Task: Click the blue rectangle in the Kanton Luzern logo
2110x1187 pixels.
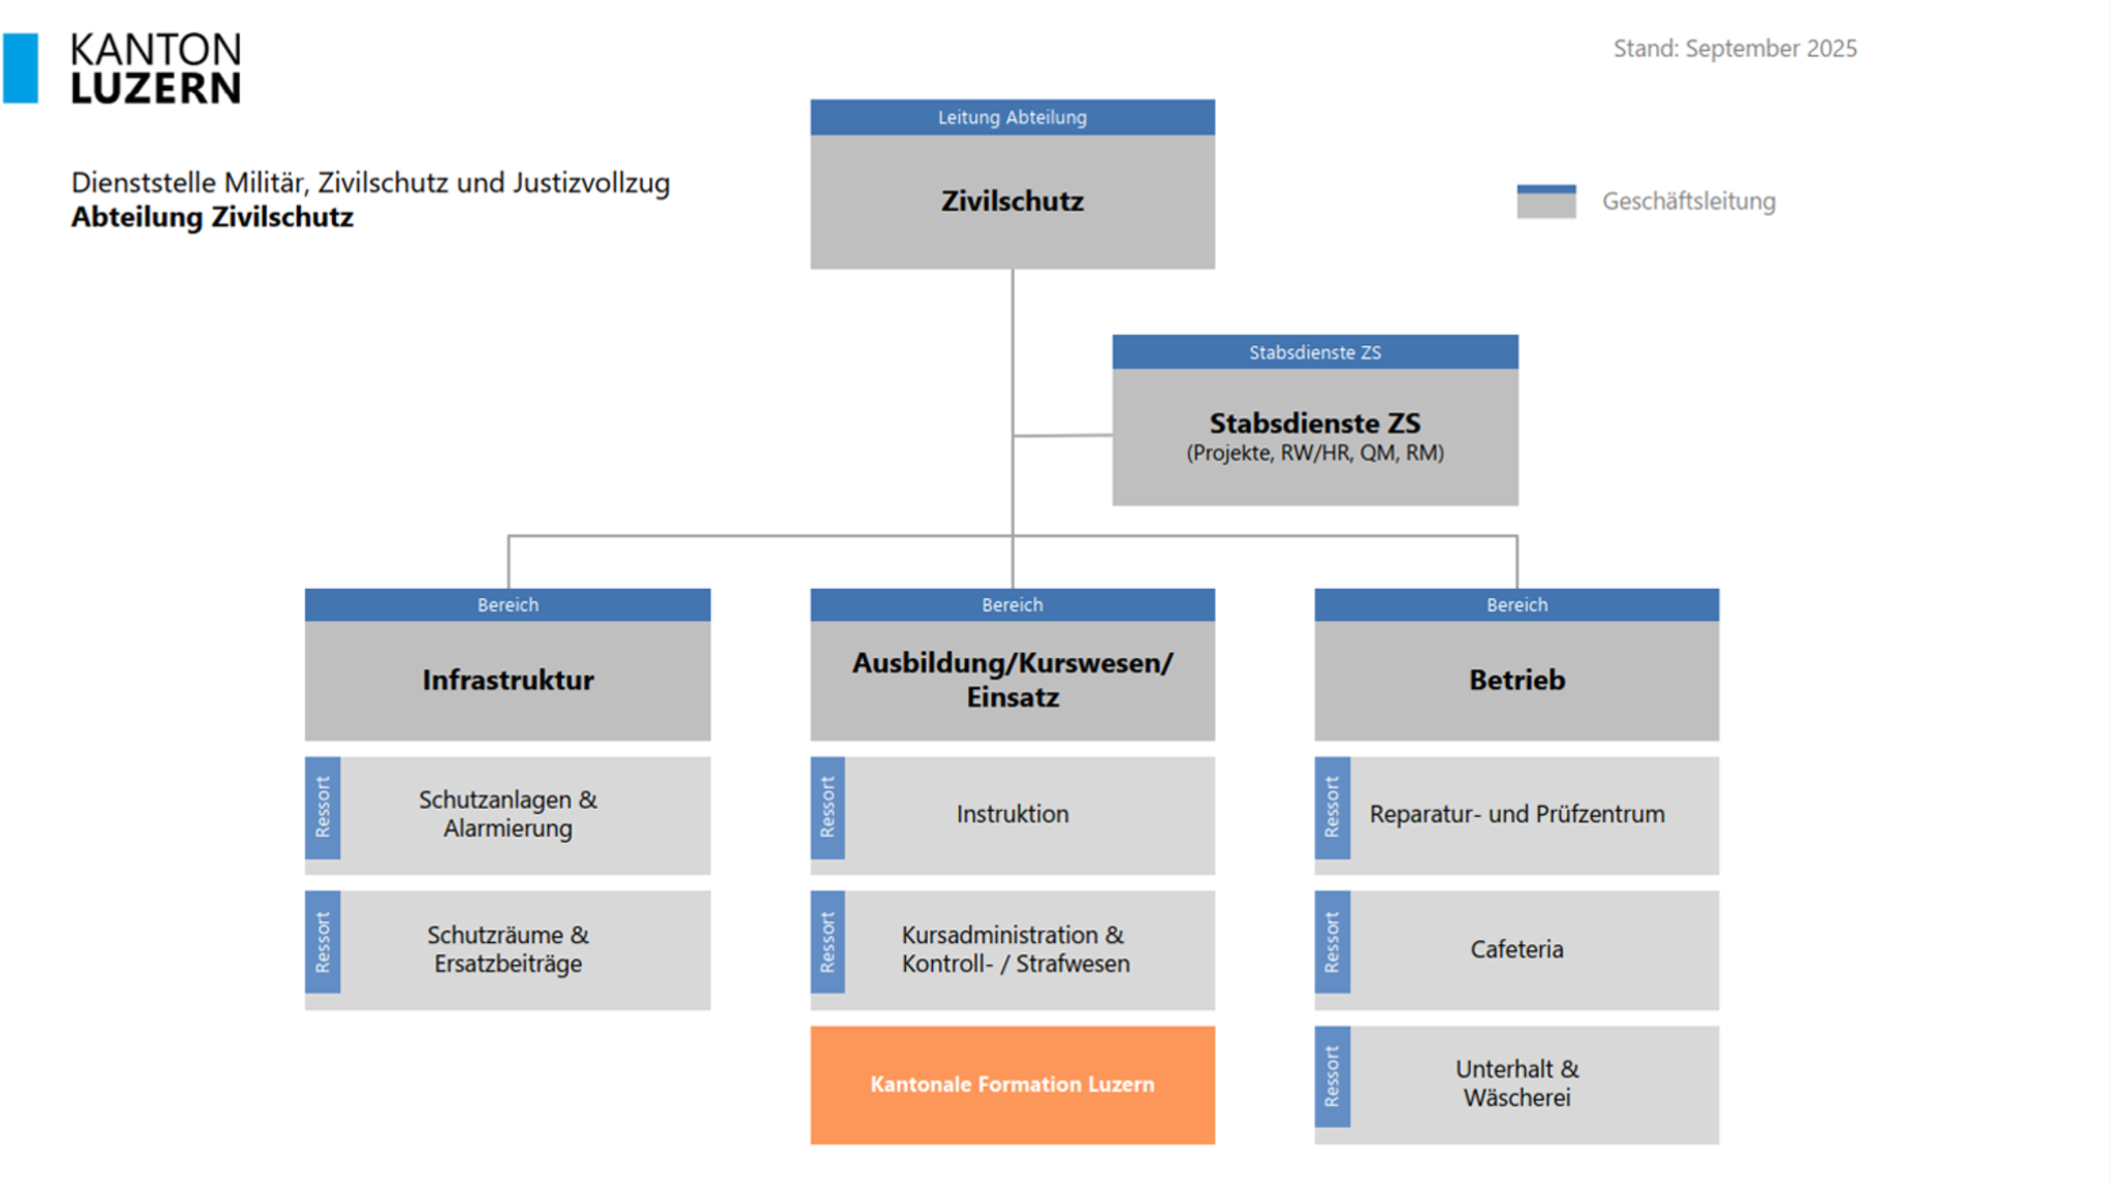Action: click(21, 68)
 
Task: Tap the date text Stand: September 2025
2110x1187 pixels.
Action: click(1734, 48)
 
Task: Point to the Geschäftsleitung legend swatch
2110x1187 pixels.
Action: click(1546, 201)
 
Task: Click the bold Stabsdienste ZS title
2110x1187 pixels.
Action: click(1314, 423)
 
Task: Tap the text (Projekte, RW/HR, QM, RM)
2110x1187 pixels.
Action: click(1314, 453)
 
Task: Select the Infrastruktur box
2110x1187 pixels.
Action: click(508, 680)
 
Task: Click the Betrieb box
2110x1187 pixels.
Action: click(1516, 680)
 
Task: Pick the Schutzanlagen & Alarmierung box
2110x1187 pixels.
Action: click(508, 815)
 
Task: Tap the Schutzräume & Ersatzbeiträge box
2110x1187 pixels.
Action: click(508, 950)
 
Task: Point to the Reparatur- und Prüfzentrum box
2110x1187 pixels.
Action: click(1516, 815)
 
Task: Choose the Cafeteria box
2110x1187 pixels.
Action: click(1516, 950)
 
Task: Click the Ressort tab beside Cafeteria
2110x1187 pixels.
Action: click(1332, 942)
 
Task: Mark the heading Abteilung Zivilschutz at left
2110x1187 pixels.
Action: click(212, 217)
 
